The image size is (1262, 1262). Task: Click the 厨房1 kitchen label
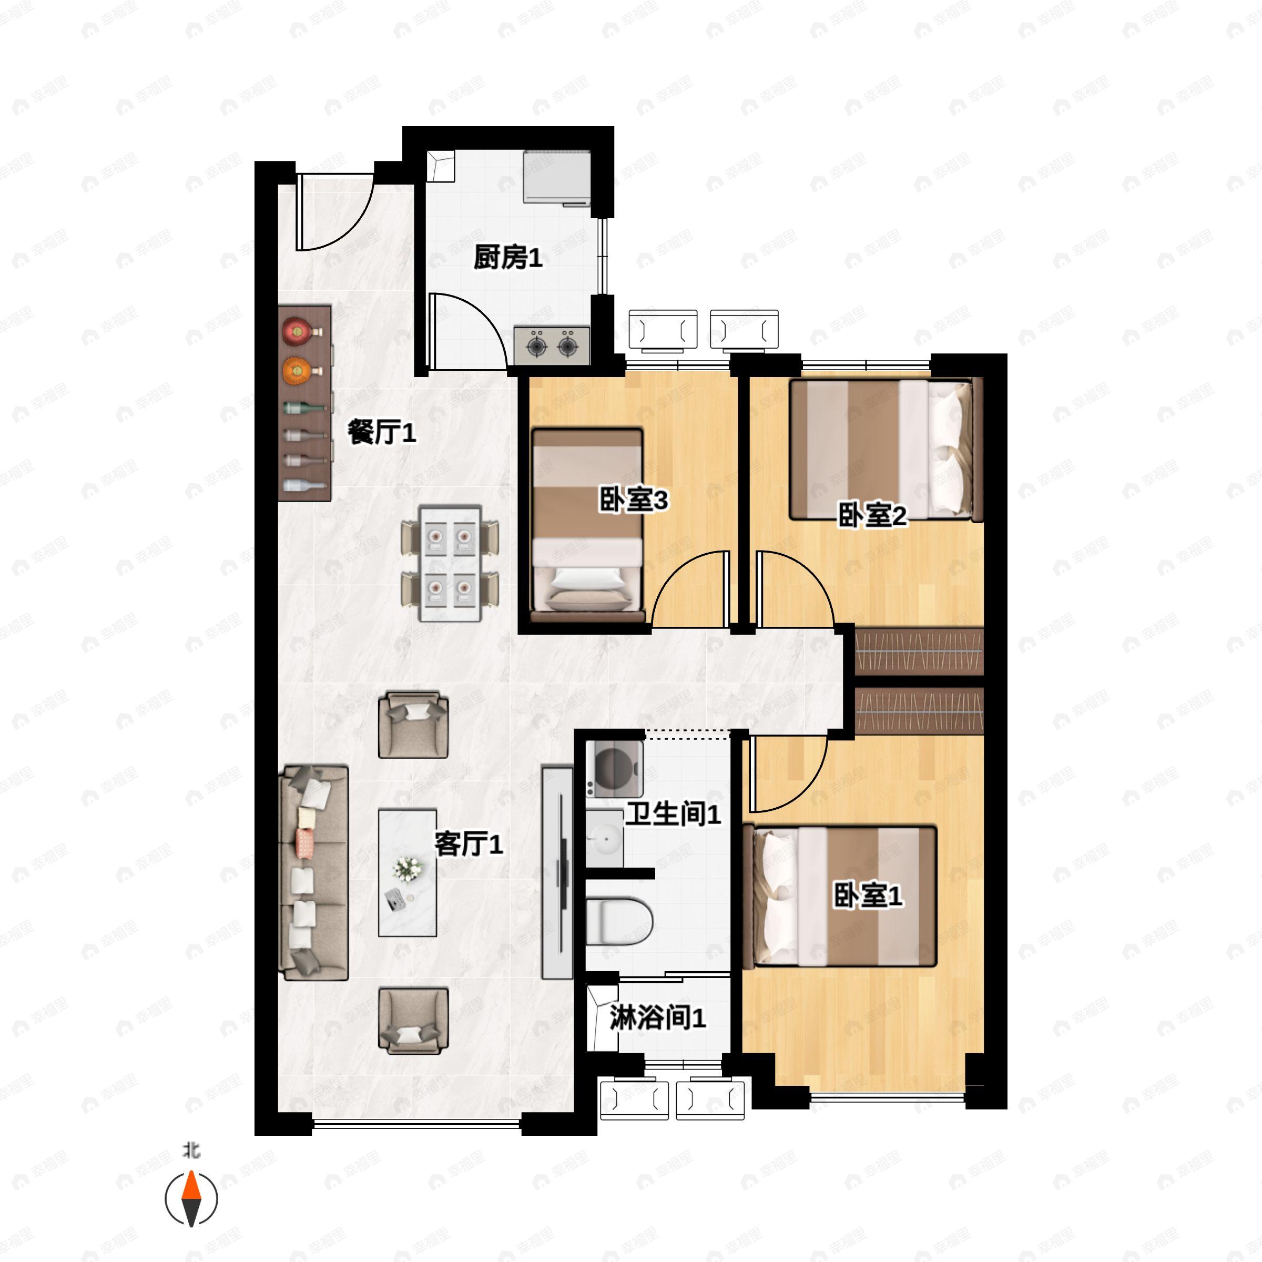[507, 258]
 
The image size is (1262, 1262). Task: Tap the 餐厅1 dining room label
[381, 432]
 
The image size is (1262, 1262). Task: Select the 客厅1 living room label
[469, 844]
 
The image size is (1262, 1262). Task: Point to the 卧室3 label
[634, 501]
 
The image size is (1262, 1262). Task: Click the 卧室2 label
[873, 516]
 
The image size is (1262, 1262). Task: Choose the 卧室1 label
[868, 895]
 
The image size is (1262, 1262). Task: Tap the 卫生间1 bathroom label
[673, 814]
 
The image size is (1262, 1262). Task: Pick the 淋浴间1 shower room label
[658, 1017]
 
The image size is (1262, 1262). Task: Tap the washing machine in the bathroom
[614, 769]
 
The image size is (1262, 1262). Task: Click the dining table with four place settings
[450, 563]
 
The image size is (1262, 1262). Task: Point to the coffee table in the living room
[408, 873]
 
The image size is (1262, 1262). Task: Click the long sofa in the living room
[313, 873]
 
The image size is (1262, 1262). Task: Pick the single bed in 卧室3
[588, 523]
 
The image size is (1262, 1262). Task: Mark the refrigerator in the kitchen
[557, 178]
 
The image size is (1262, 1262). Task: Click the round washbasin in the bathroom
[604, 838]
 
